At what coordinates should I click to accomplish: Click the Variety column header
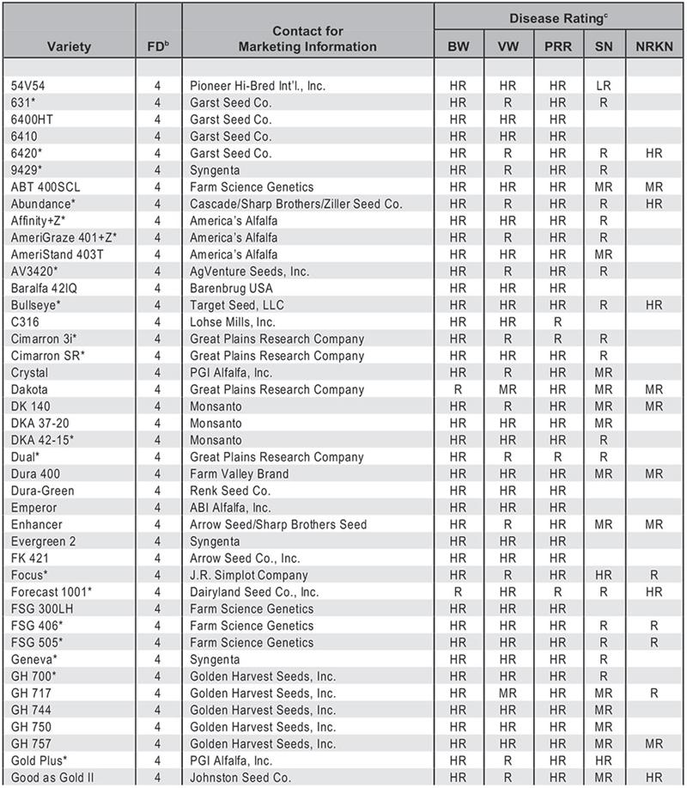click(68, 46)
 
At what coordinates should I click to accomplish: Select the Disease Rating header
click(559, 17)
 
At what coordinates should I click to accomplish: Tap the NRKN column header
click(654, 46)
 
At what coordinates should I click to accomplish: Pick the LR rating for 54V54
click(605, 86)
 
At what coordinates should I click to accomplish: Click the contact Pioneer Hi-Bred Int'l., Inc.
click(258, 86)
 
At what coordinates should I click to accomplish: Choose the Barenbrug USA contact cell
click(231, 288)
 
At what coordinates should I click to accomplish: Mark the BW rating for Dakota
click(459, 389)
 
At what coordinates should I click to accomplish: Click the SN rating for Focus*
click(605, 575)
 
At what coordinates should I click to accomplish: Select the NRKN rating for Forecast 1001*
click(654, 592)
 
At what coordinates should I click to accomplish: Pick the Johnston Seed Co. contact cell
click(243, 778)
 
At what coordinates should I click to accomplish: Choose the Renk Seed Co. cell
click(230, 491)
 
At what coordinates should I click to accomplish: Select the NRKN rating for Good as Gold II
click(654, 778)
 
